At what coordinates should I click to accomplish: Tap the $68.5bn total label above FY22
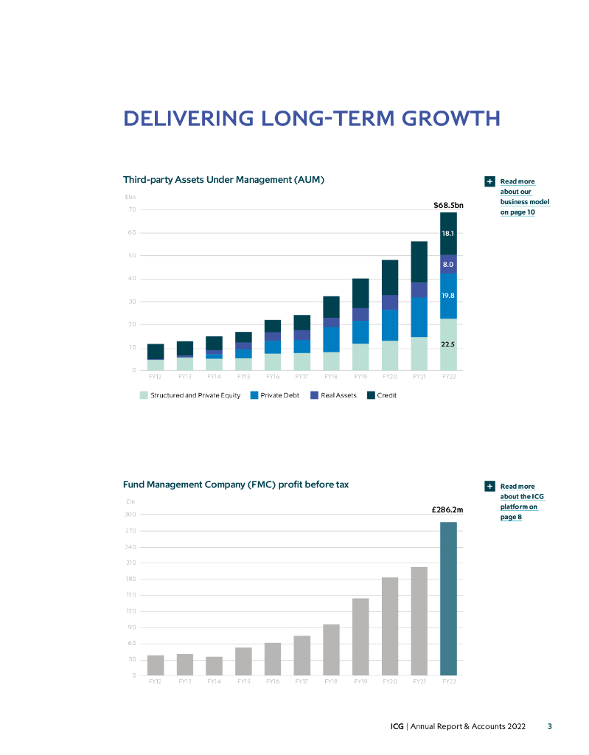pos(447,204)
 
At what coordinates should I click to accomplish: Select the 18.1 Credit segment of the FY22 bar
pos(448,233)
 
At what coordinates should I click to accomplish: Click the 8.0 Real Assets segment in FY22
pos(448,264)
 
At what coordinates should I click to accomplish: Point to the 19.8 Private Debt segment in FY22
pos(448,296)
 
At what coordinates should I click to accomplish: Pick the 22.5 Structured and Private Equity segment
pos(448,344)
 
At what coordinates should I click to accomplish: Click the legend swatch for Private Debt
pos(254,395)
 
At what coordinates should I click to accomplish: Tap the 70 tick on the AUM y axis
pos(132,210)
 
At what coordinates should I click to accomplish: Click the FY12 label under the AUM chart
pos(155,376)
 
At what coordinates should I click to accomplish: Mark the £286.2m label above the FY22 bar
pos(447,509)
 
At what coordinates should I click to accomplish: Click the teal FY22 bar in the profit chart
pos(448,599)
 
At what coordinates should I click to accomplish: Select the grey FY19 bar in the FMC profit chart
pos(360,636)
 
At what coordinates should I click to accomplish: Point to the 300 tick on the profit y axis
pos(130,515)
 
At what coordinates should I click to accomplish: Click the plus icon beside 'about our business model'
pos(489,181)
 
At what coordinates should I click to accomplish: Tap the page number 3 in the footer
pos(549,726)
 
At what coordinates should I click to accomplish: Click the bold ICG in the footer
pos(397,726)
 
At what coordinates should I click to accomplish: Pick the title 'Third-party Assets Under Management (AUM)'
pos(224,179)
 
